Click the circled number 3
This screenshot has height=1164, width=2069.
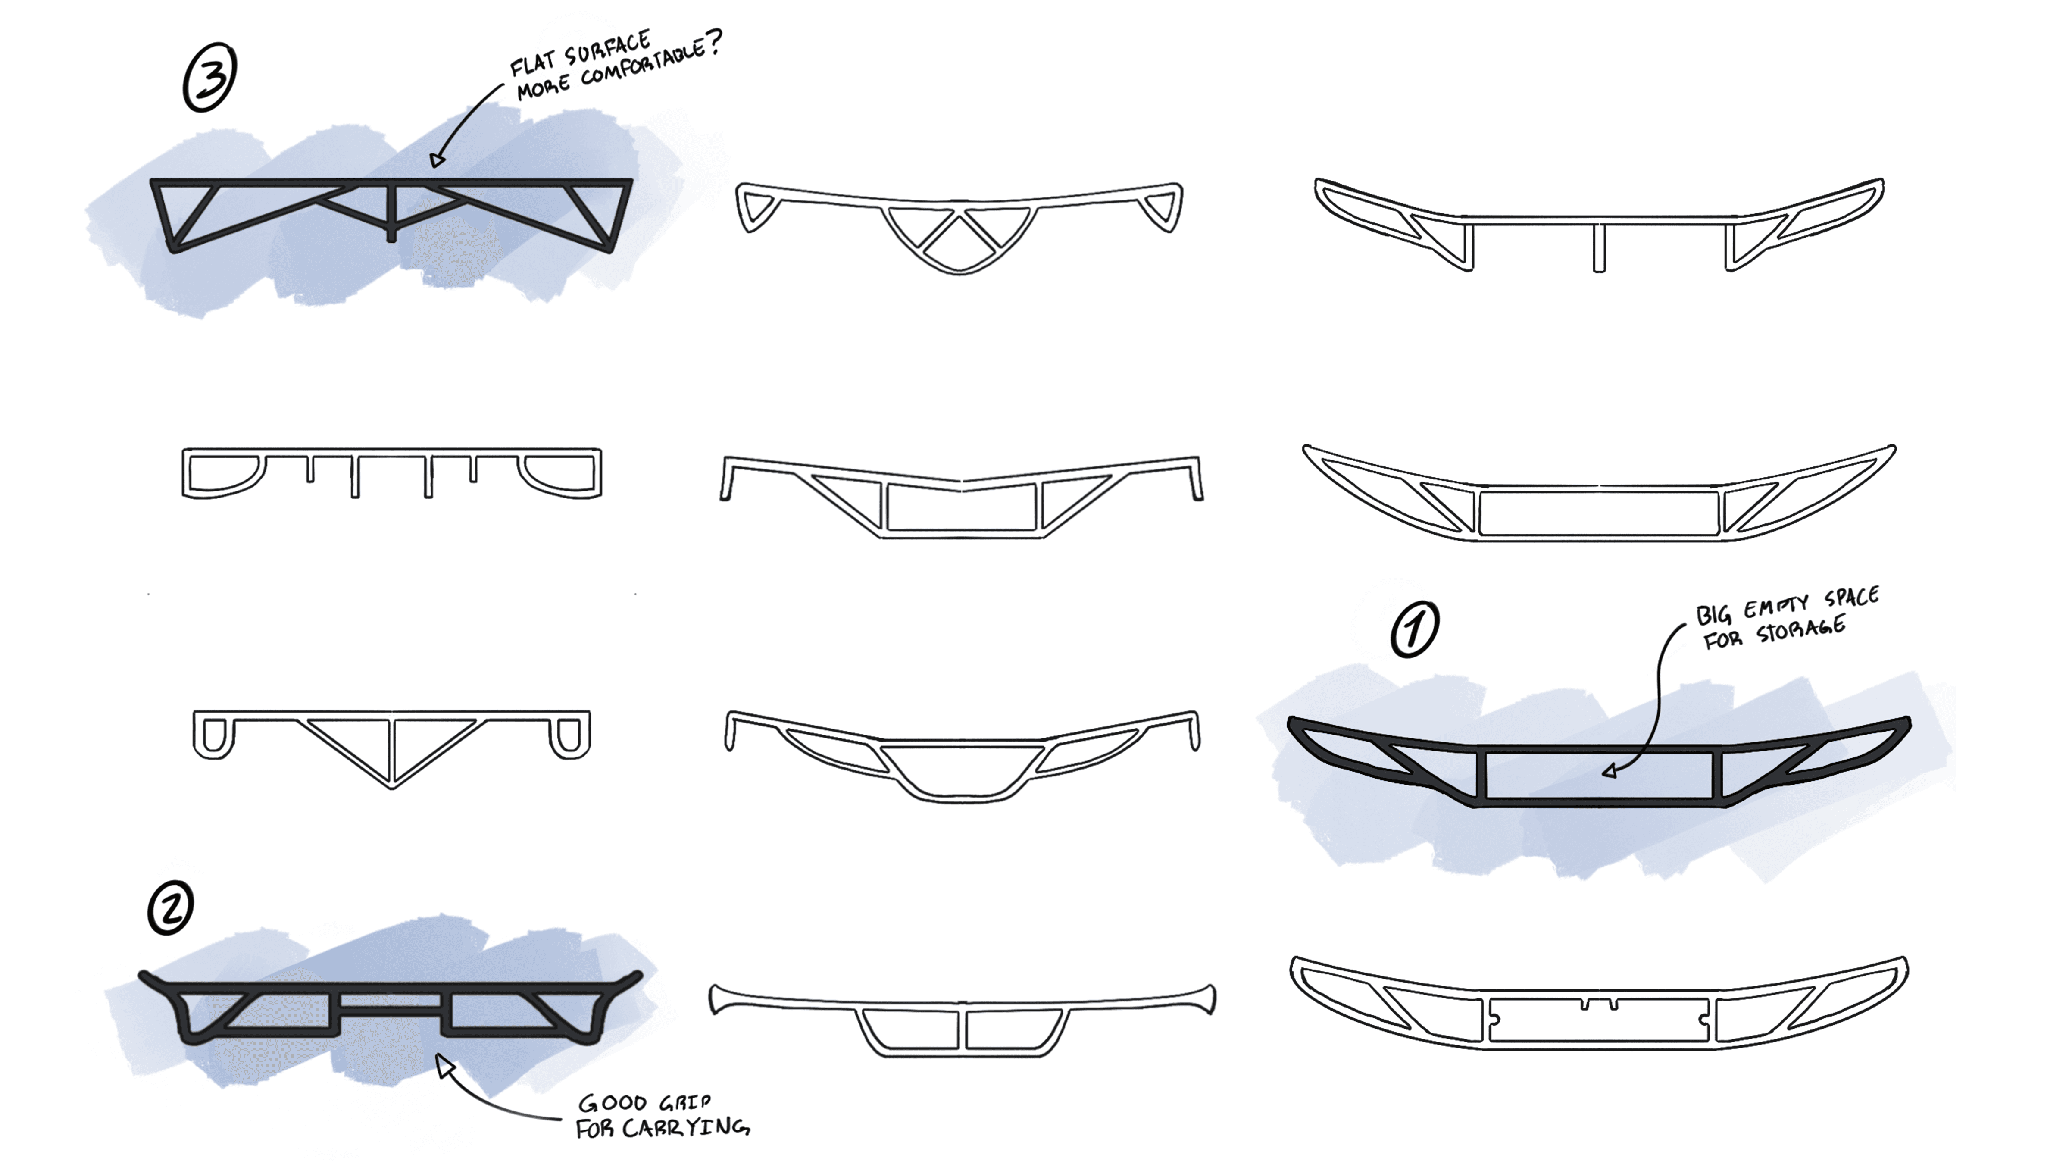tap(209, 79)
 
